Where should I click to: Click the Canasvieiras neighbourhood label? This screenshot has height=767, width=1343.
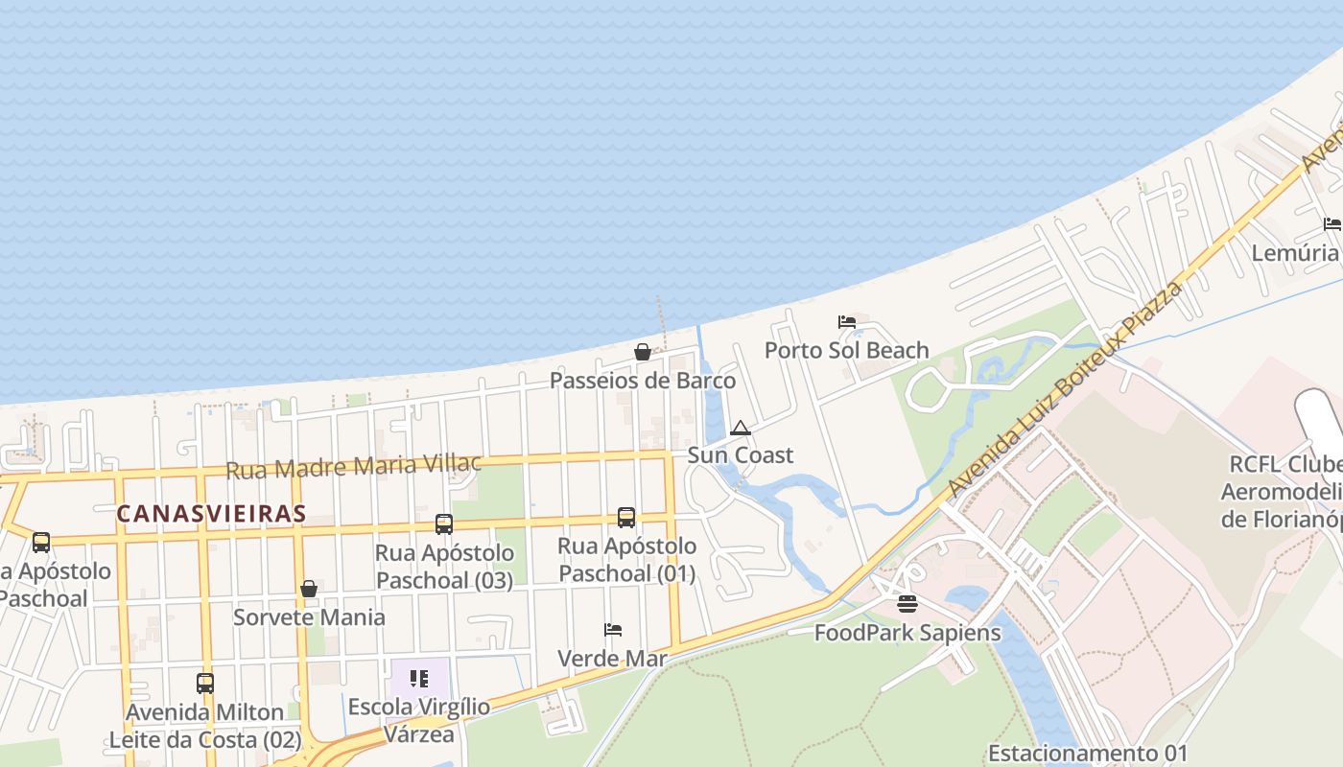211,513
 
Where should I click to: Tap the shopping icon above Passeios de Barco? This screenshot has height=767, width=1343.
643,352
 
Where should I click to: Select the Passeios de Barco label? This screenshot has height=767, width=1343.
643,381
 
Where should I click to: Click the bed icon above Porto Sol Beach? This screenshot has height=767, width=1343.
846,322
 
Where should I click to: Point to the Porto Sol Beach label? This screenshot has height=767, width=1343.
846,350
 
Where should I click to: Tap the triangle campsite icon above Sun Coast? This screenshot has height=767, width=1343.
740,428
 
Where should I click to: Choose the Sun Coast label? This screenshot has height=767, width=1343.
740,455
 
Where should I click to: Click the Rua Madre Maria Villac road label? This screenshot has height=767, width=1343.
353,466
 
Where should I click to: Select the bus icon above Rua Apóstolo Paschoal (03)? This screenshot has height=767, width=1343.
444,524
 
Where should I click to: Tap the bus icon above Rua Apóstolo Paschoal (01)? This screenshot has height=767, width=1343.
626,518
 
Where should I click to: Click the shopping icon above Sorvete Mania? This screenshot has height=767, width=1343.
309,589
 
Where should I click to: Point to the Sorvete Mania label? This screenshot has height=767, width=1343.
309,616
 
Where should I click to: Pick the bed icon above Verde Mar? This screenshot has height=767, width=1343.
613,630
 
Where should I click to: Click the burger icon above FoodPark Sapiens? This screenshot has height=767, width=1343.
907,604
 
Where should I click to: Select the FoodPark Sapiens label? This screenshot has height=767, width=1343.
907,633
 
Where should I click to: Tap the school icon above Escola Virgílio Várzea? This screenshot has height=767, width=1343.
419,679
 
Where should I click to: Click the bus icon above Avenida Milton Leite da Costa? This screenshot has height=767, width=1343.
205,684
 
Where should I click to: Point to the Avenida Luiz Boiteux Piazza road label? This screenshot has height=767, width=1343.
1065,388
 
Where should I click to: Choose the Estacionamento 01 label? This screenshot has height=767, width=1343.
1087,753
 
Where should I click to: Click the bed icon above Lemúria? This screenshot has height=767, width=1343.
1332,224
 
